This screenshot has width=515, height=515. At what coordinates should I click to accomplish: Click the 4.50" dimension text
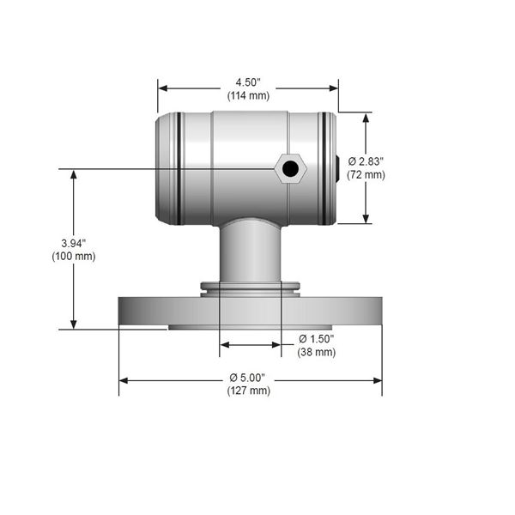[248, 82]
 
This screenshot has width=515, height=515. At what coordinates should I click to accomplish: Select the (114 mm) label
[248, 95]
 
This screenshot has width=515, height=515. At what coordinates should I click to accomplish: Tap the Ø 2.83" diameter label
[366, 161]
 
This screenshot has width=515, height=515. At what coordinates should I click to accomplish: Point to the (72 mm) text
[366, 175]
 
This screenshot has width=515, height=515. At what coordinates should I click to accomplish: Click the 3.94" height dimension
[74, 244]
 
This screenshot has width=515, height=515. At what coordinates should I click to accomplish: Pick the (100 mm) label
[74, 256]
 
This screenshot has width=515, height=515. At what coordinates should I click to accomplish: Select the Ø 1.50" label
[317, 339]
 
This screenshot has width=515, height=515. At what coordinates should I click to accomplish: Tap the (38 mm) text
[317, 352]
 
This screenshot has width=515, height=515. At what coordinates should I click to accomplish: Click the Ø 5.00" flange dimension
[247, 378]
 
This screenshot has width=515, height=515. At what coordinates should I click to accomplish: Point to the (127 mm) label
[249, 391]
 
